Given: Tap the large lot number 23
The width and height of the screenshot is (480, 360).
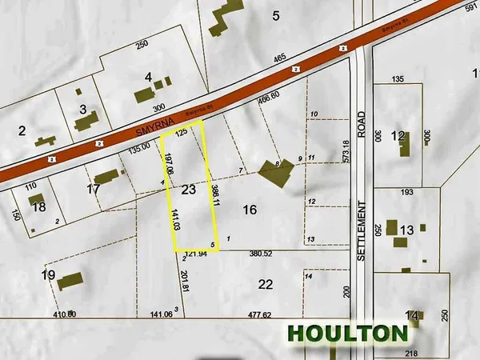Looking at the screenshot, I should pyautogui.click(x=189, y=190).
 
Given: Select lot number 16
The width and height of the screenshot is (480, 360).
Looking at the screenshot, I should pyautogui.click(x=250, y=210).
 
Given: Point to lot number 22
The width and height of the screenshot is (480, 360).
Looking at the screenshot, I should pyautogui.click(x=266, y=284).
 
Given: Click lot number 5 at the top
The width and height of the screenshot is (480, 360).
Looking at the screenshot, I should pyautogui.click(x=276, y=14).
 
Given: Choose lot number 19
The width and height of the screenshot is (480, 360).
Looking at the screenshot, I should pyautogui.click(x=48, y=276).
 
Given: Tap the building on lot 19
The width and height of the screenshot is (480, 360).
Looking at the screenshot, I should pyautogui.click(x=70, y=282).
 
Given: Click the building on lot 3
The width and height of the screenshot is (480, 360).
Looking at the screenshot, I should pyautogui.click(x=85, y=122).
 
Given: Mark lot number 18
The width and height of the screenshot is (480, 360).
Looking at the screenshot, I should pyautogui.click(x=39, y=206).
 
